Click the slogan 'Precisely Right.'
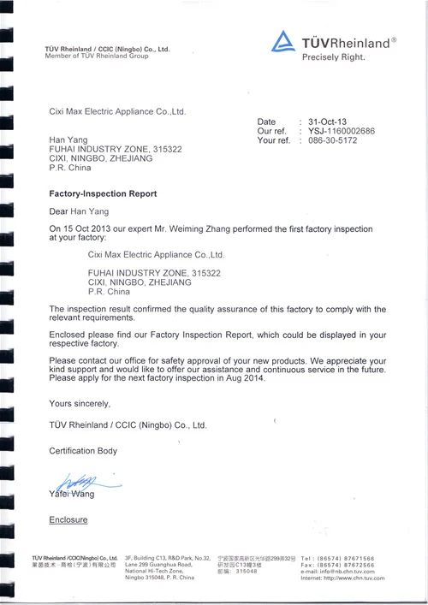[x=334, y=58]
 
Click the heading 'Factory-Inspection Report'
[x=103, y=194]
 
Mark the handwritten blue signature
[x=77, y=483]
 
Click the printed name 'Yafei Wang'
[x=73, y=495]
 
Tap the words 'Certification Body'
[x=83, y=450]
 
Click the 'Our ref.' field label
[x=271, y=131]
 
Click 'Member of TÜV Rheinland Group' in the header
[x=97, y=56]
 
